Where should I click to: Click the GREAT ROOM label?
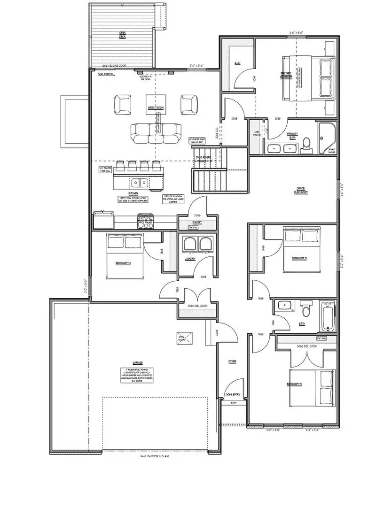click(155, 108)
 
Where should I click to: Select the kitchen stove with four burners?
click(145, 221)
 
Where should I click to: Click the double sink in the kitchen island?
click(140, 182)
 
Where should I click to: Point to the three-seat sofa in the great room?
click(156, 133)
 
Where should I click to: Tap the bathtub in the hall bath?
click(328, 316)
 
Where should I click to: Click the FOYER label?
click(232, 361)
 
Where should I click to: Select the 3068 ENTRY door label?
click(233, 395)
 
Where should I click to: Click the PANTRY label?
click(196, 223)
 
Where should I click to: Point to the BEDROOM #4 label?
click(123, 263)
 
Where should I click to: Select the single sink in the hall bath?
click(283, 306)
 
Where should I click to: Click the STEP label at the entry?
click(233, 403)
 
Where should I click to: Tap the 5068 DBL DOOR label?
click(306, 346)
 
